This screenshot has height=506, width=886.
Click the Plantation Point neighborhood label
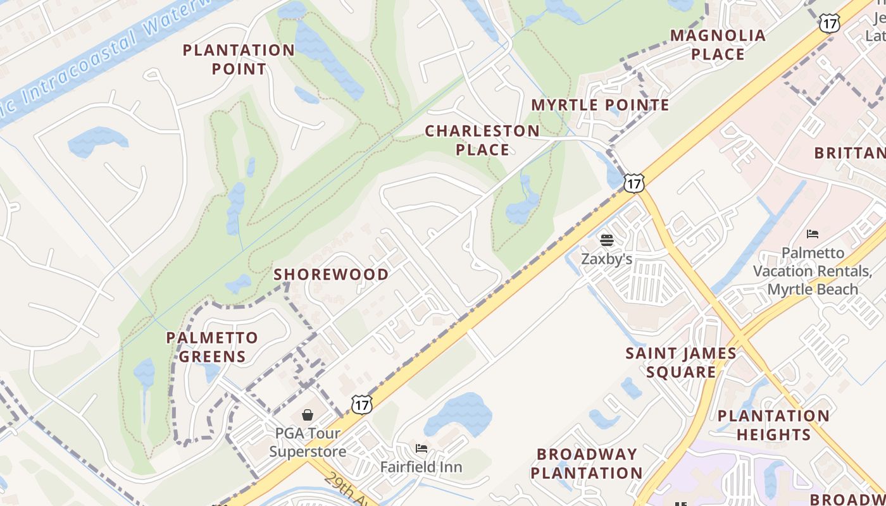tap(239, 59)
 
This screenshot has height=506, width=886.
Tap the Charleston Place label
tap(482, 140)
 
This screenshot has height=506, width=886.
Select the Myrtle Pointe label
tap(600, 105)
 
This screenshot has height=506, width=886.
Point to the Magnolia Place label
tap(718, 45)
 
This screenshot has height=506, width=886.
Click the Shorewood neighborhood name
tap(331, 275)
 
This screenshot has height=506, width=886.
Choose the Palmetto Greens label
tap(212, 347)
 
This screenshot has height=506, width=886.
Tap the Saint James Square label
tap(681, 362)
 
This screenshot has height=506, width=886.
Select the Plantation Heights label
tap(773, 425)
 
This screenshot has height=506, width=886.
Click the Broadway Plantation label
tap(586, 463)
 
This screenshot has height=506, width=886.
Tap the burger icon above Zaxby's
tap(606, 240)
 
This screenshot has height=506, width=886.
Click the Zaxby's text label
tap(606, 259)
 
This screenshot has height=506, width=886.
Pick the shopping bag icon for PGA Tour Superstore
tap(307, 415)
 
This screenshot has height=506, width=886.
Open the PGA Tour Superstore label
tap(308, 442)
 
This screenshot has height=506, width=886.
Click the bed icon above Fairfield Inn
tap(421, 448)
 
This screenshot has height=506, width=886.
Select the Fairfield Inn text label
tap(421, 467)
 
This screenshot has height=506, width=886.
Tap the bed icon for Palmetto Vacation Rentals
tap(813, 235)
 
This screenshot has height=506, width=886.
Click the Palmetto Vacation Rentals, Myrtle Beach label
tap(813, 271)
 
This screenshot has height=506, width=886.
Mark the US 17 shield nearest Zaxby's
tap(633, 183)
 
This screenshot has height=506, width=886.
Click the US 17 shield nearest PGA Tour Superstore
tap(361, 405)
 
